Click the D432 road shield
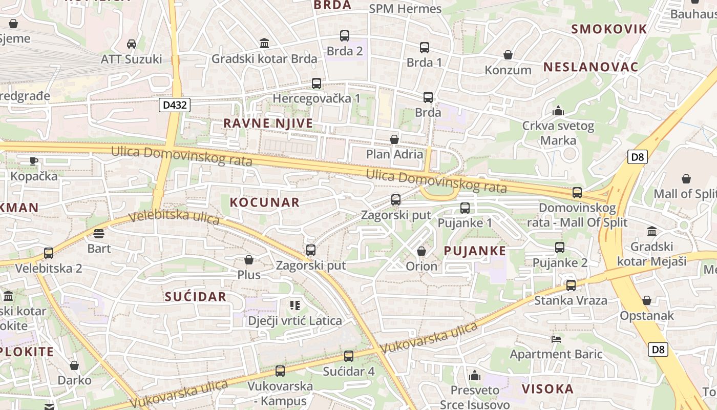click(x=175, y=106)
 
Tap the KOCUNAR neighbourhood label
click(x=264, y=202)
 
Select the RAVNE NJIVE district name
click(x=268, y=124)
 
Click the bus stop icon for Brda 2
click(x=345, y=36)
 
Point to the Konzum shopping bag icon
click(x=508, y=55)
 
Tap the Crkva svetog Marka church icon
click(x=558, y=111)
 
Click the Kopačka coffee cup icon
click(x=34, y=161)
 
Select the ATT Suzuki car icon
click(x=132, y=44)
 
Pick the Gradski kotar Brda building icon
click(x=264, y=43)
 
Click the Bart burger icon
click(x=99, y=234)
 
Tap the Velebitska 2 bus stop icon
click(x=49, y=253)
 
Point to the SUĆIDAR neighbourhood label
click(x=196, y=297)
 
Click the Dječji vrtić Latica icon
click(x=294, y=306)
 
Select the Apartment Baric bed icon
click(x=556, y=339)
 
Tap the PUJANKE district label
click(x=475, y=251)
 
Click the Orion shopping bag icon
click(x=421, y=251)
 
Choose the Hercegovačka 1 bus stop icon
click(x=317, y=83)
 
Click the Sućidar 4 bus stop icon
click(x=349, y=356)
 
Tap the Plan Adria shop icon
click(x=394, y=139)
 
